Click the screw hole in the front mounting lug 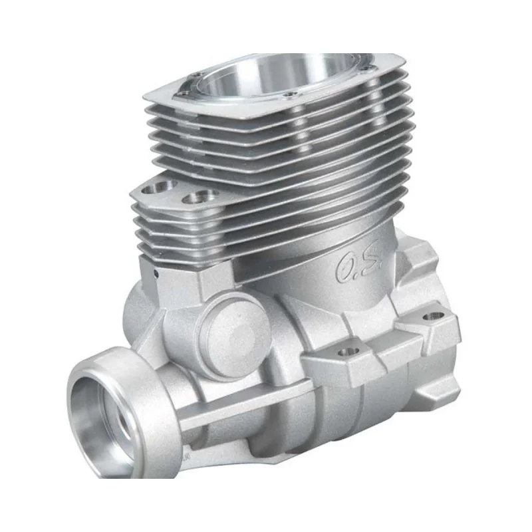coord(348,352)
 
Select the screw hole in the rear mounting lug coord(434,317)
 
